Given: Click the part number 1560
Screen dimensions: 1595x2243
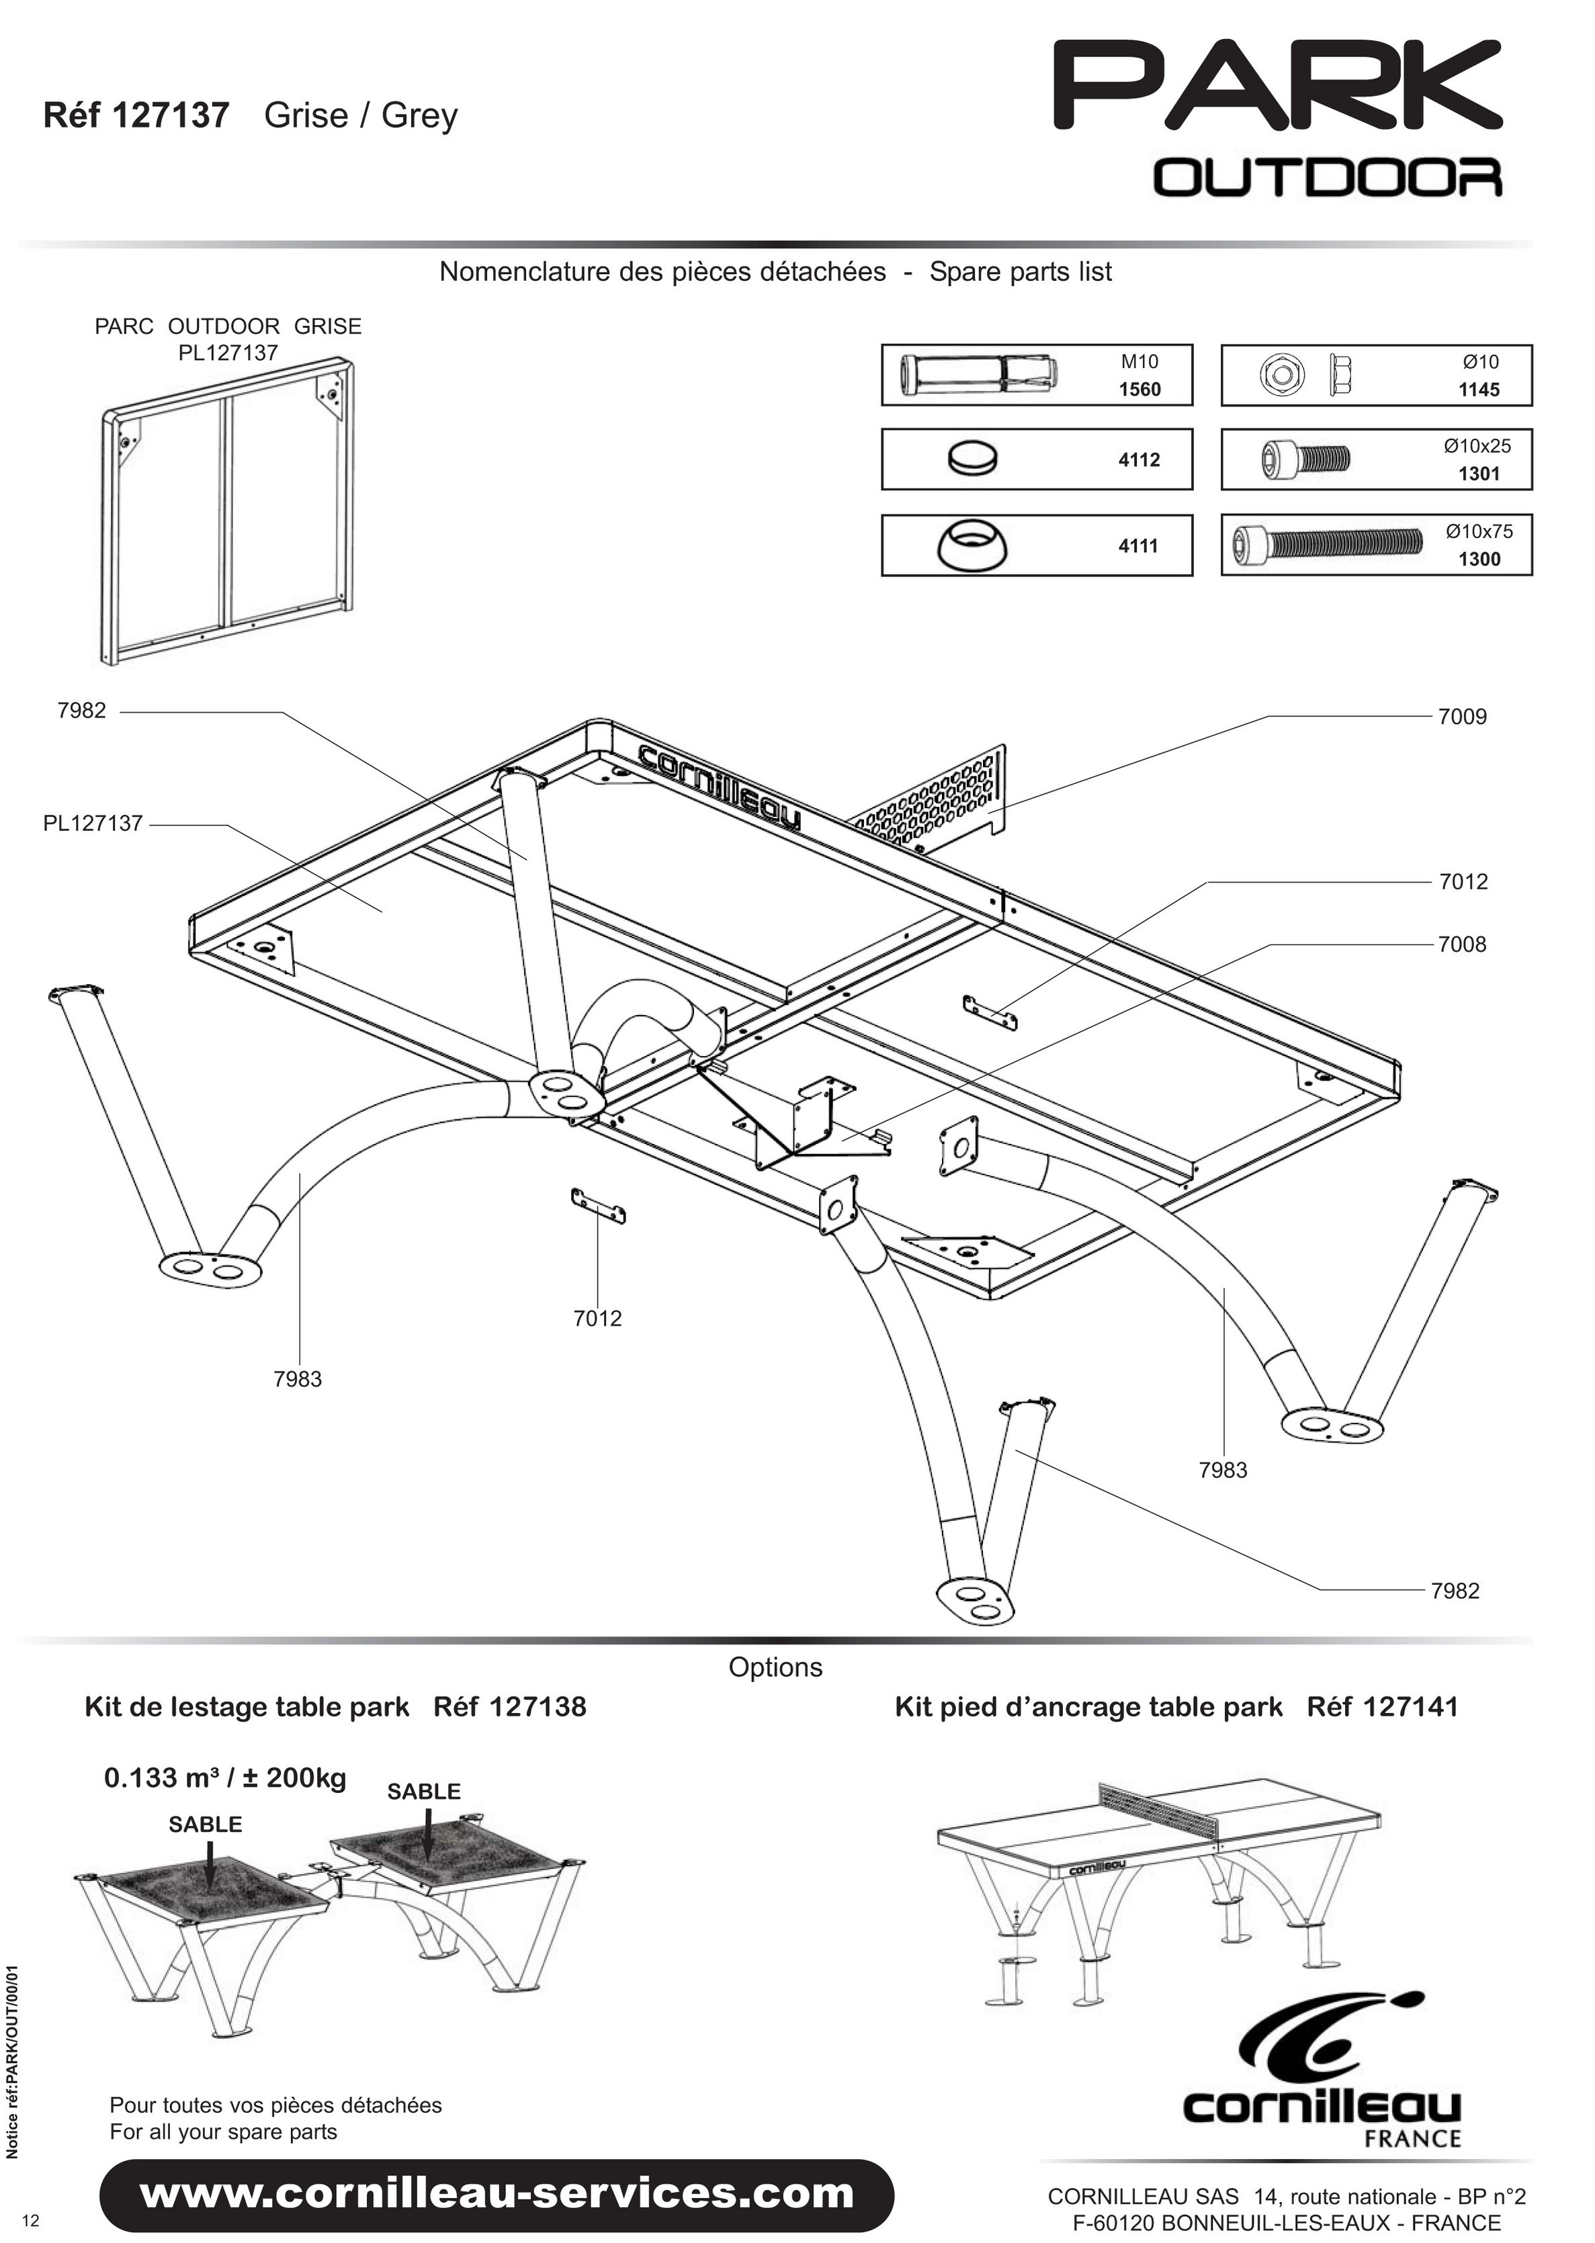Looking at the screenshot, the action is coord(1139,389).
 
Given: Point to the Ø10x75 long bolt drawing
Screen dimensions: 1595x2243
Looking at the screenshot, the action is coord(1327,541).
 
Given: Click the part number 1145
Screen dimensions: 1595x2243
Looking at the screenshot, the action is coord(1479,389).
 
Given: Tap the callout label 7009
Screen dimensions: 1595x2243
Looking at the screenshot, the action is coord(1463,717).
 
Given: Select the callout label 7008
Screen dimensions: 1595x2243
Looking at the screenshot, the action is coord(1463,944).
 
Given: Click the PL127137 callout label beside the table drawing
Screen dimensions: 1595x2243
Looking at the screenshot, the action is coord(93,823).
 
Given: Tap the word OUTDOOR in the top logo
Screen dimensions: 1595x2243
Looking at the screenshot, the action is coord(1327,178).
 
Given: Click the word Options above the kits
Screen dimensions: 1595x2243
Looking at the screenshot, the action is coord(776,1667).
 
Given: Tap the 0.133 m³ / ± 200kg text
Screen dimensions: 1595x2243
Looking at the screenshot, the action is coord(225,1777).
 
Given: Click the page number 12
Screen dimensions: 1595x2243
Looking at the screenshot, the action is coord(32,2220).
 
